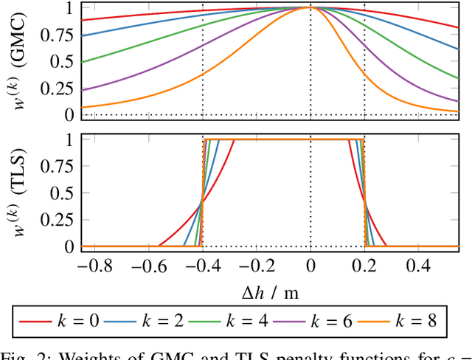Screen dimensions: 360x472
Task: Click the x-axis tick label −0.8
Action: point(90,265)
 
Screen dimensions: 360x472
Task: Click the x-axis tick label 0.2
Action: point(364,265)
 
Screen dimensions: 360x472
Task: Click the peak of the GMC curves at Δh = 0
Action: point(310,7)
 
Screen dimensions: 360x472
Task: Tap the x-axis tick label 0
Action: point(310,265)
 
